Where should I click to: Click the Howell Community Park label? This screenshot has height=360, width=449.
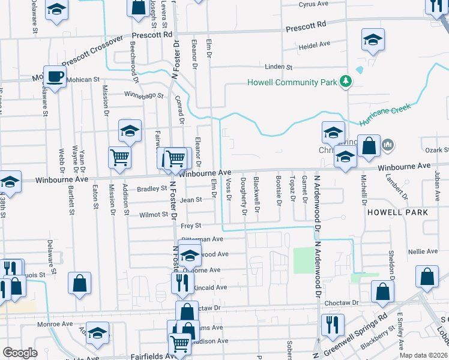[x=292, y=82]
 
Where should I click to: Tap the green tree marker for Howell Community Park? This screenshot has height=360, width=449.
[x=346, y=81]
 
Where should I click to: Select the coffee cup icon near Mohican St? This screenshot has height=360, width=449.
[x=55, y=77]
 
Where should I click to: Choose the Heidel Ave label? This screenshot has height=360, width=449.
[x=315, y=44]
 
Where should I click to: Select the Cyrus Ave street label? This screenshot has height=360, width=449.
[x=314, y=4]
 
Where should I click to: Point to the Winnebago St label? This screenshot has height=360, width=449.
[x=144, y=95]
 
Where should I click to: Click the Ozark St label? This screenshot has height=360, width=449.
[x=437, y=149]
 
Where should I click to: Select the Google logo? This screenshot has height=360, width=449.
[x=20, y=353]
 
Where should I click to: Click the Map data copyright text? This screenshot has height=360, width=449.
[x=423, y=355]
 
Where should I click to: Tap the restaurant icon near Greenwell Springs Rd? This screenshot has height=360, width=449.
[x=331, y=324]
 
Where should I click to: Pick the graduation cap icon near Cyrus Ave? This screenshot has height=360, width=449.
[x=373, y=40]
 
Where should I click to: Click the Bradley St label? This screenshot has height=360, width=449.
[x=151, y=188]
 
